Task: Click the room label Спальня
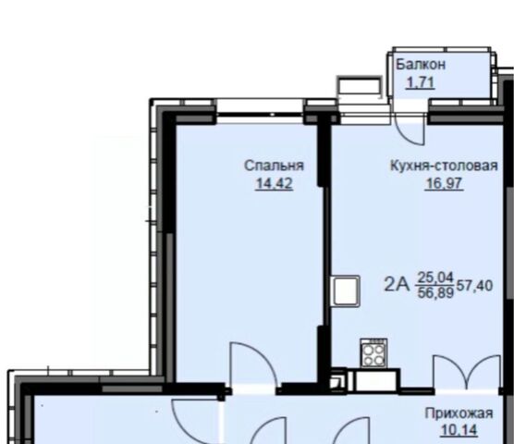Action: coord(274,166)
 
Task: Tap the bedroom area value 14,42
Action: coord(274,183)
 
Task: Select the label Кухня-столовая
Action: coord(444,166)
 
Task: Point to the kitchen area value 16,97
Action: coord(444,183)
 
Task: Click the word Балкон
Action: coord(421,65)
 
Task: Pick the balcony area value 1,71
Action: coord(421,82)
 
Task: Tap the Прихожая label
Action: coord(459,413)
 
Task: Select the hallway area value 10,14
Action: coord(459,430)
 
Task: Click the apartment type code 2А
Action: coord(397,285)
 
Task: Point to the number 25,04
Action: coord(435,277)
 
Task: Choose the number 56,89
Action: coord(435,292)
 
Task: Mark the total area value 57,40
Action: coord(474,286)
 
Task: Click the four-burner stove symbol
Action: coord(373,353)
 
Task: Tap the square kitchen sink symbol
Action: coord(346,291)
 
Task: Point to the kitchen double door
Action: coord(467,372)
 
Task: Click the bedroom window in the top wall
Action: coord(260,115)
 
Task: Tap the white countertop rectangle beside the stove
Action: coord(376,381)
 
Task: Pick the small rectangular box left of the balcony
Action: coord(360,87)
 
